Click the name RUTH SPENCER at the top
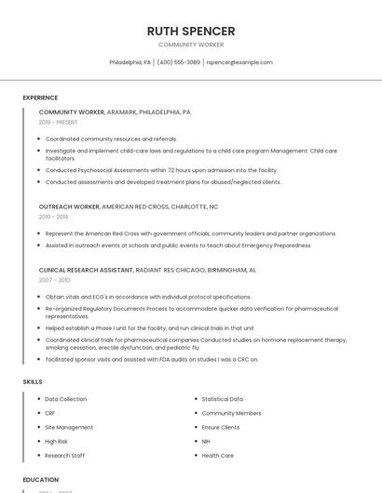click(x=191, y=31)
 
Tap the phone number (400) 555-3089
click(x=178, y=62)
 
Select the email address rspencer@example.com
click(x=239, y=62)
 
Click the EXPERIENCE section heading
click(x=40, y=98)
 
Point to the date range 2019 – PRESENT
click(x=59, y=122)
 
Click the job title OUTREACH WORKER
click(x=69, y=207)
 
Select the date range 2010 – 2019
click(x=53, y=217)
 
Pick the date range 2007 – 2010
click(x=54, y=279)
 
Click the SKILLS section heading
click(x=33, y=381)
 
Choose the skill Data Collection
click(x=66, y=399)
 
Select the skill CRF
click(x=50, y=413)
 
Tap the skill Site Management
click(x=69, y=427)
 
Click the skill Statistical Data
click(x=222, y=399)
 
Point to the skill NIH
click(x=206, y=441)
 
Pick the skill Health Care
click(x=217, y=456)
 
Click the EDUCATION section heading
click(x=40, y=480)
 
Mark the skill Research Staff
click(x=65, y=456)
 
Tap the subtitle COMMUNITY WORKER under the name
click(x=191, y=45)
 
